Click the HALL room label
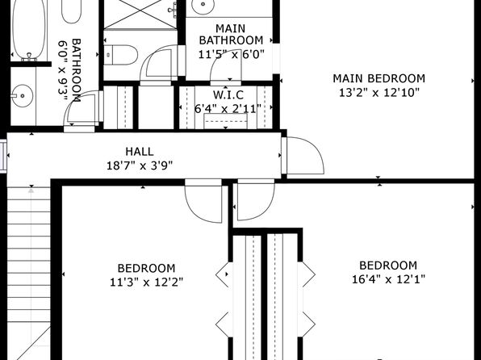point(140,152)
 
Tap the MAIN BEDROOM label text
point(379,78)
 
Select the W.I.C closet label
point(228,95)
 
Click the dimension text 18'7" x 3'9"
point(140,165)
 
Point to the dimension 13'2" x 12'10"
point(379,92)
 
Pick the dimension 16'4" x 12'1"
point(388,279)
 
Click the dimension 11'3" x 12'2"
point(147,282)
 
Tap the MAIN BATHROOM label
point(231,35)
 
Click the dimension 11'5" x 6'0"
point(231,55)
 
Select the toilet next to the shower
point(120,55)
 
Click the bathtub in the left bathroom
point(29,29)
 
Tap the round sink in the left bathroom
point(22,96)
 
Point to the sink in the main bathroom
point(203,5)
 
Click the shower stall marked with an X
point(140,15)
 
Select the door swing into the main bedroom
point(305,155)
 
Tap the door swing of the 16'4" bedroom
point(256,202)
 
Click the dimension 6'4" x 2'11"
point(228,109)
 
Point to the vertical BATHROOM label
point(69,70)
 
